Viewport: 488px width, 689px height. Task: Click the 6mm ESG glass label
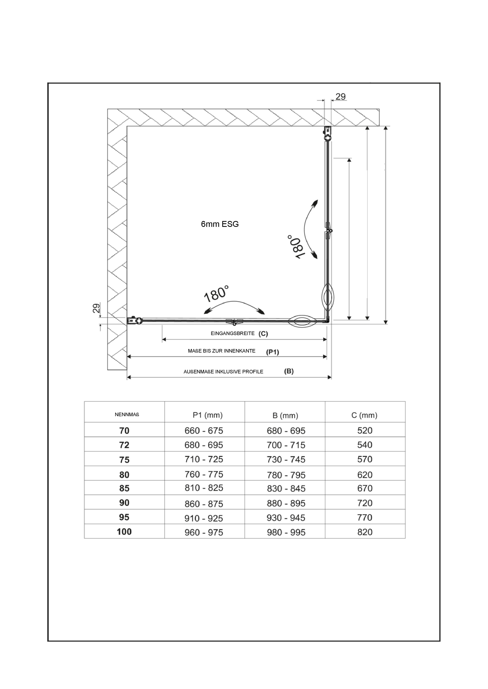point(220,224)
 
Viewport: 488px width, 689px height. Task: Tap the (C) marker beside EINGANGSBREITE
point(263,334)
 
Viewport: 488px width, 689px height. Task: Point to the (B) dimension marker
point(289,371)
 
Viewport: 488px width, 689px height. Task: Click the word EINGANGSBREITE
point(232,333)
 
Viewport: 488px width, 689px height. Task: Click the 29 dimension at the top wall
point(340,97)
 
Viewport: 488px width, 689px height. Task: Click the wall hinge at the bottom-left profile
point(135,321)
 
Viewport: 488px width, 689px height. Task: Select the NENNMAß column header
point(127,415)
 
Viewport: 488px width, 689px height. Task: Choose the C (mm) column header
point(364,415)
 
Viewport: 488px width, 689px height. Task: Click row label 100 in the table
point(124,532)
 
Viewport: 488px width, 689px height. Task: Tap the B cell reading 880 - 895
point(286,503)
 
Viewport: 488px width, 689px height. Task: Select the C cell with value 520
point(365,431)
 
